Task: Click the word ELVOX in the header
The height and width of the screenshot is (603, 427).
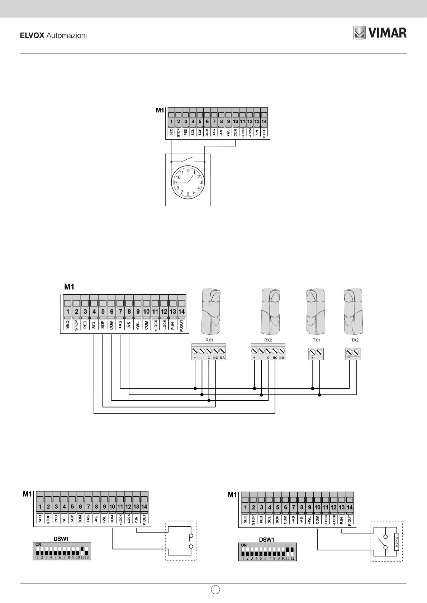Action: coord(32,35)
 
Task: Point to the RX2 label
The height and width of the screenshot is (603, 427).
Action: coord(268,340)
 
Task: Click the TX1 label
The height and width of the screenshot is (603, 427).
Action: coord(316,340)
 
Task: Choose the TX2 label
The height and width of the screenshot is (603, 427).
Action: coord(355,340)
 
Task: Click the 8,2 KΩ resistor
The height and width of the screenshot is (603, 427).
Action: coord(397,540)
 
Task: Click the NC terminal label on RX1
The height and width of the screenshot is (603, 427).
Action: coord(215,358)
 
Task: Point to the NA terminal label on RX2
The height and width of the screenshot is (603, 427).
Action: coord(282,358)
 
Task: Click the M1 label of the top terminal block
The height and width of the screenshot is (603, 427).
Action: coord(160,110)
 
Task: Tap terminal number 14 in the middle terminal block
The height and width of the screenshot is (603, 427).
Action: coord(181,312)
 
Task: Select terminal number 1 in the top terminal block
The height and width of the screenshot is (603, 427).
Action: coord(171,121)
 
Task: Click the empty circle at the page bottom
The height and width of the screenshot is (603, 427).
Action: coord(215,589)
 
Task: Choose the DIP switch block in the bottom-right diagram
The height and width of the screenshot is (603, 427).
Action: coord(267,551)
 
